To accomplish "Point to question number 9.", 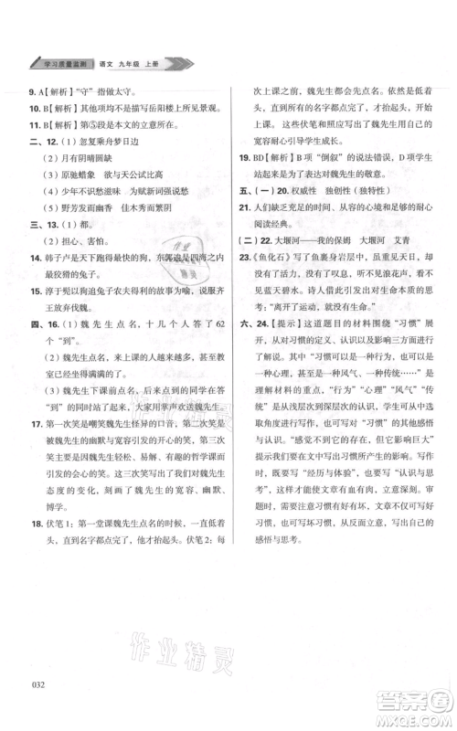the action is (33, 90).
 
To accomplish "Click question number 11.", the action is (35, 124).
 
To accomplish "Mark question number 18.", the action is (35, 526).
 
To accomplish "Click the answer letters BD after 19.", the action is (260, 157).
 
